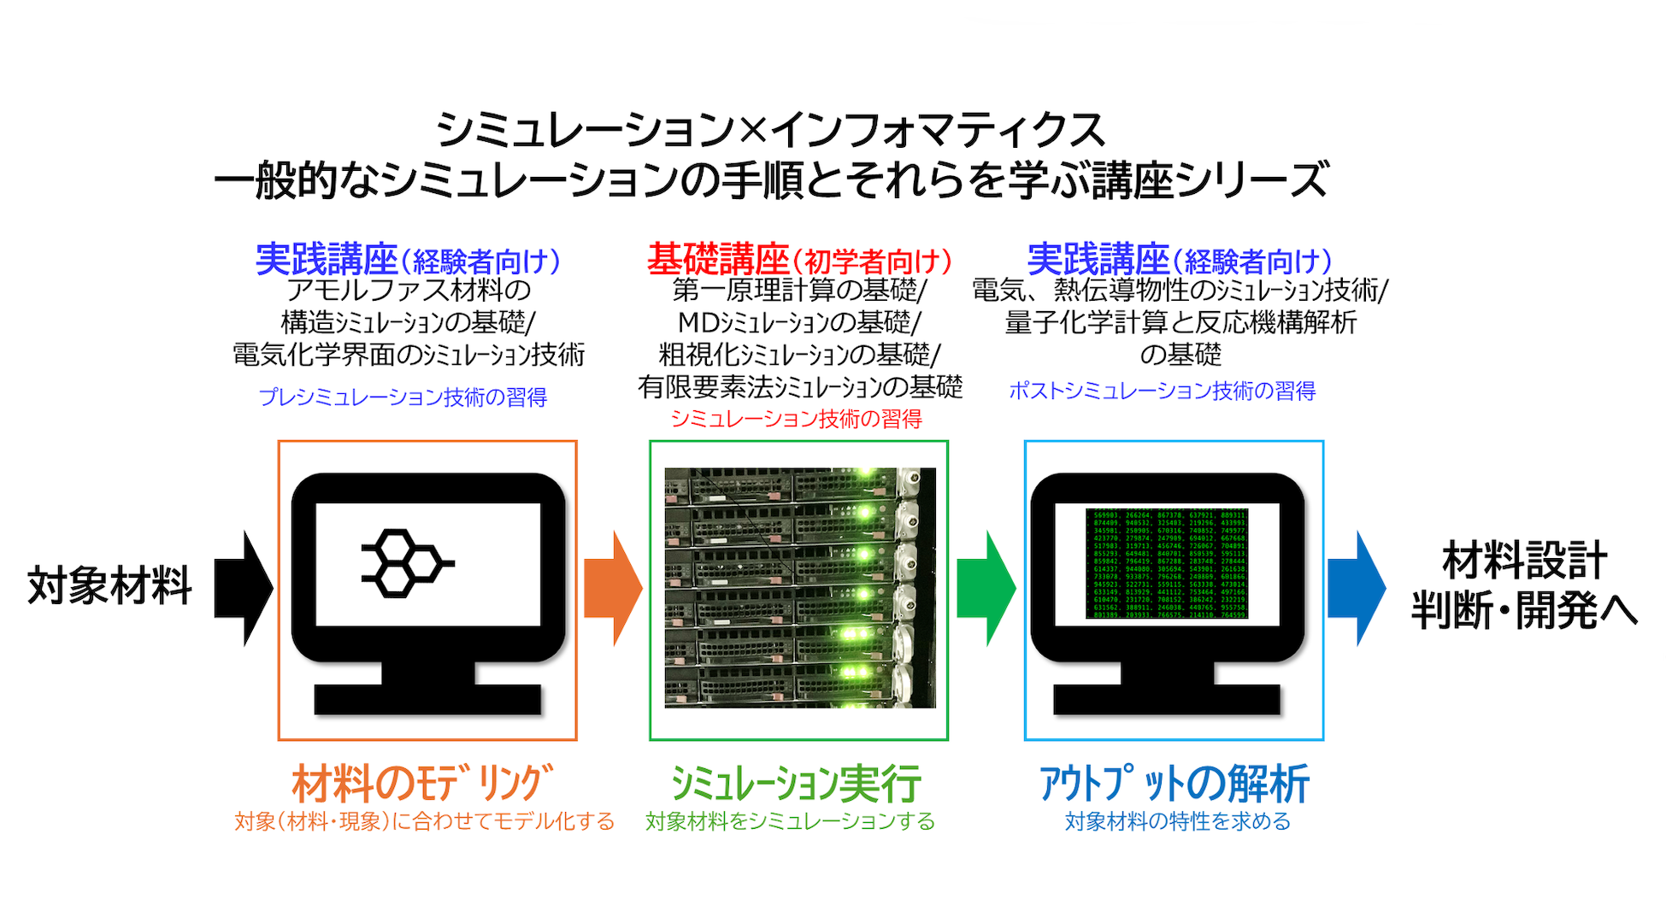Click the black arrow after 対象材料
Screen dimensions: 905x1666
point(243,588)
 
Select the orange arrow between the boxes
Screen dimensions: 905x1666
point(612,588)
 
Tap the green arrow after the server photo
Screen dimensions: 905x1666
point(986,588)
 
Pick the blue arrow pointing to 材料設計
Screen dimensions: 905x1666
point(1356,588)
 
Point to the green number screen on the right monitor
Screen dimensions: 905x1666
point(1167,564)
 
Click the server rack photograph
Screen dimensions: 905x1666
point(799,588)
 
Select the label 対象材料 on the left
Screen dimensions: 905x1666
point(109,586)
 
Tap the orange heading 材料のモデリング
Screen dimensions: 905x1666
point(422,783)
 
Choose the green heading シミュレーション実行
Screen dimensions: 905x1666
point(795,783)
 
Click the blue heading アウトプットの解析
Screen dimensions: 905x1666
point(1174,783)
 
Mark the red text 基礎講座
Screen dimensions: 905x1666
point(717,259)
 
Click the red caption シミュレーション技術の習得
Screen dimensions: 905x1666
point(796,419)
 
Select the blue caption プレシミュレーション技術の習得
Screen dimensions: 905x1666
point(403,397)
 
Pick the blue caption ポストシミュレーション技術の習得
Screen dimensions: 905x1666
point(1162,391)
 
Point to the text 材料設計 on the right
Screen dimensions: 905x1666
point(1524,561)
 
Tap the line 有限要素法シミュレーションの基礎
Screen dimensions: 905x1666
point(800,387)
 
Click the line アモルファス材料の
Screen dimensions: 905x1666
point(409,291)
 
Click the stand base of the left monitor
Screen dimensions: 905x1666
point(427,698)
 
